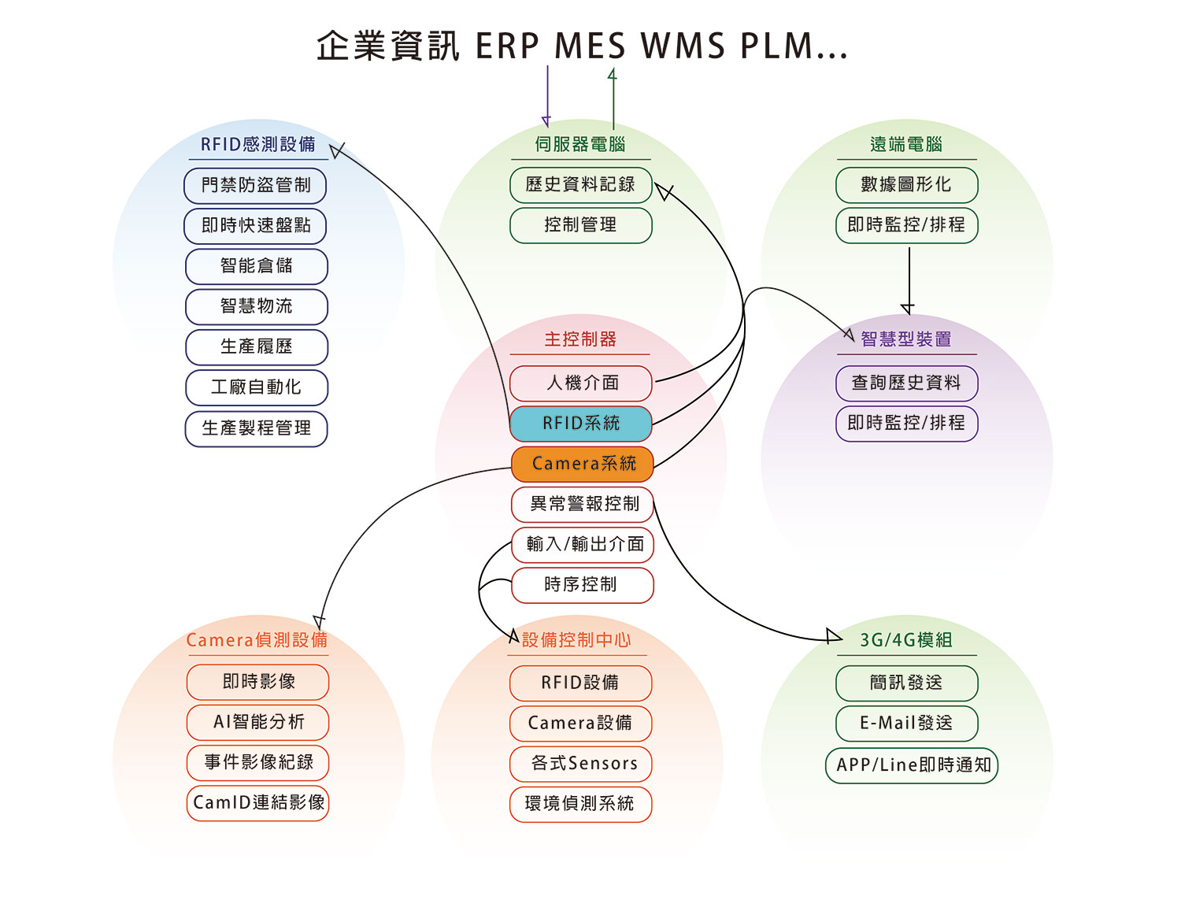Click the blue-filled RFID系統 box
click(581, 424)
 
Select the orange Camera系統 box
click(583, 464)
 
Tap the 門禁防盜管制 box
click(255, 186)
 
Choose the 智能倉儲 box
click(257, 266)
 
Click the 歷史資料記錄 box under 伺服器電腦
click(581, 185)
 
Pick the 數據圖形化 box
click(906, 185)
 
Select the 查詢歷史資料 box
click(906, 383)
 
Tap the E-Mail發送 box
click(906, 724)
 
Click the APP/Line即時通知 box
click(912, 765)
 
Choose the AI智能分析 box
click(258, 722)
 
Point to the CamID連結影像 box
click(258, 803)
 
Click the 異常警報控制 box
click(583, 504)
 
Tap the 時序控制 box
click(583, 585)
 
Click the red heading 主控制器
click(580, 339)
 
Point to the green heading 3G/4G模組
click(906, 640)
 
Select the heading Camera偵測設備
click(257, 640)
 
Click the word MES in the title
click(590, 46)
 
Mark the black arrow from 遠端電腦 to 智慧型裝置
click(909, 280)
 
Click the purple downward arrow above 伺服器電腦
click(547, 94)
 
